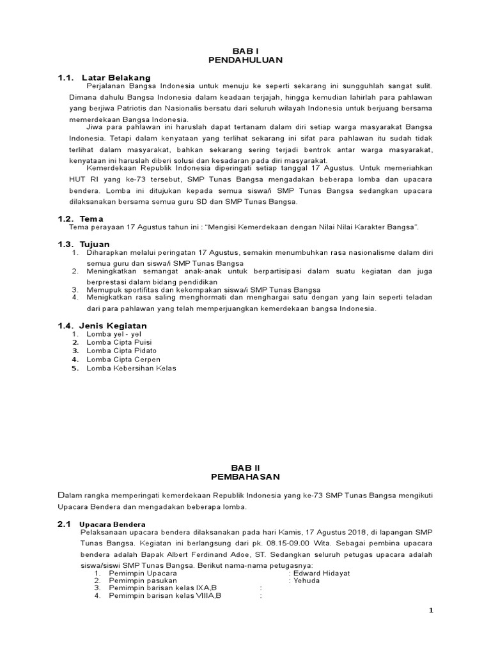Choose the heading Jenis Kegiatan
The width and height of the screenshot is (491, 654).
(113, 326)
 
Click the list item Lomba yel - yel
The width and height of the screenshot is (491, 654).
(114, 334)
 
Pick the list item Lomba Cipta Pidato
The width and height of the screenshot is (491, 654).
(121, 351)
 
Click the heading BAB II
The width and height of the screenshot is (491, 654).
(245, 468)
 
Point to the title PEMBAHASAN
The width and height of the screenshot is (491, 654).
(245, 477)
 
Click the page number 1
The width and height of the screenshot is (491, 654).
(431, 611)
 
